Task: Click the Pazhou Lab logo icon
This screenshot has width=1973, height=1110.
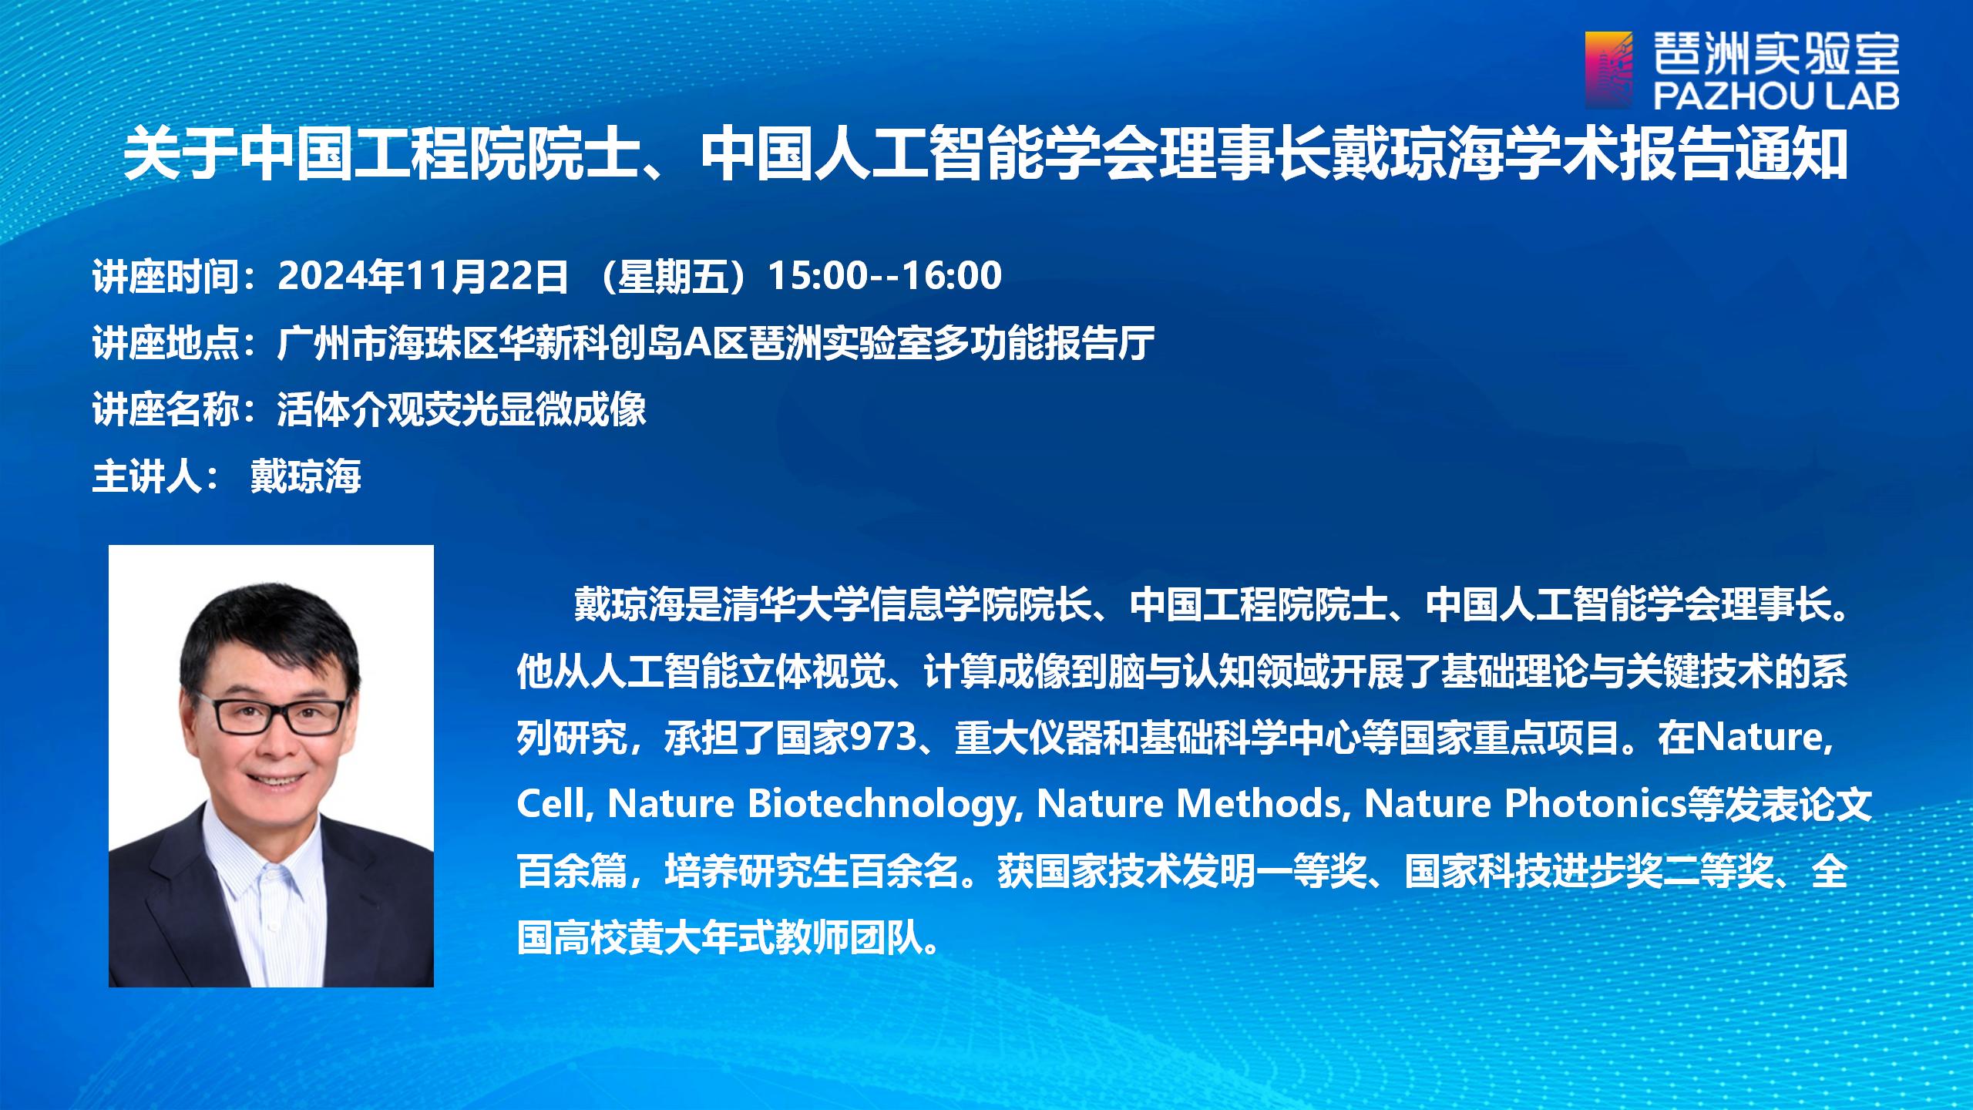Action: tap(1608, 70)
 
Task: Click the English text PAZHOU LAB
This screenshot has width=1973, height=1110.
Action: tap(1776, 96)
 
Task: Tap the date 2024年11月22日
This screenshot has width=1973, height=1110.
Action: tap(423, 276)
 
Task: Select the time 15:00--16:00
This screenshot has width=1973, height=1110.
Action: tap(886, 276)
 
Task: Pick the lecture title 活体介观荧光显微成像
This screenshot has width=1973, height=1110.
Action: tap(462, 409)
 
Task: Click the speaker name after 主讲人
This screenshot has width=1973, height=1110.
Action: tap(306, 476)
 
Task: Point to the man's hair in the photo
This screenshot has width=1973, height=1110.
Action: tap(270, 640)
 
